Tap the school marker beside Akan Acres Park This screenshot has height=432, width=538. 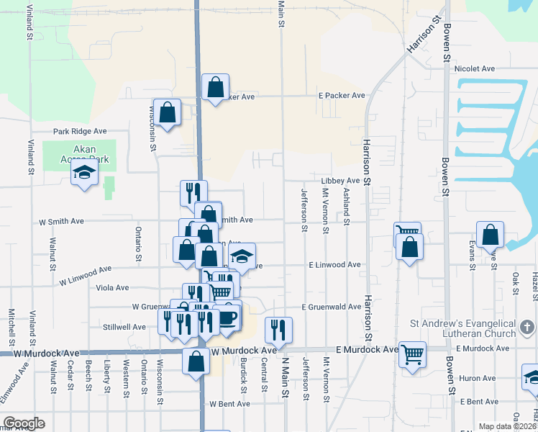click(x=85, y=173)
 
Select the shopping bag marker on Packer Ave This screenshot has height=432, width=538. click(x=215, y=88)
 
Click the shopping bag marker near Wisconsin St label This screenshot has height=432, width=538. click(x=167, y=112)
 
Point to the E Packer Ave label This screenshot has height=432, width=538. click(x=342, y=96)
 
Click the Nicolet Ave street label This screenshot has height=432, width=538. click(x=475, y=68)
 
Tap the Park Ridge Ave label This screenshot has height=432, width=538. click(x=80, y=132)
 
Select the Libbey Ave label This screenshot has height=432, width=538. click(x=340, y=181)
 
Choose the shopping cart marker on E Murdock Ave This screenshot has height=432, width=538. click(x=412, y=354)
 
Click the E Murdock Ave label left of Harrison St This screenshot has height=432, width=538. click(x=368, y=349)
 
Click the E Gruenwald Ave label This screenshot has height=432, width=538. click(x=332, y=307)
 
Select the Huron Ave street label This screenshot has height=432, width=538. click(x=478, y=378)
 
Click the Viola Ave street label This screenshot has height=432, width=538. click(x=112, y=287)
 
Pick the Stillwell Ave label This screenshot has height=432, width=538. click(x=124, y=327)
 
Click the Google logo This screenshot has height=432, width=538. click(x=24, y=423)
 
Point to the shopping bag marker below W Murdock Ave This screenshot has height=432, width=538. click(x=196, y=361)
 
